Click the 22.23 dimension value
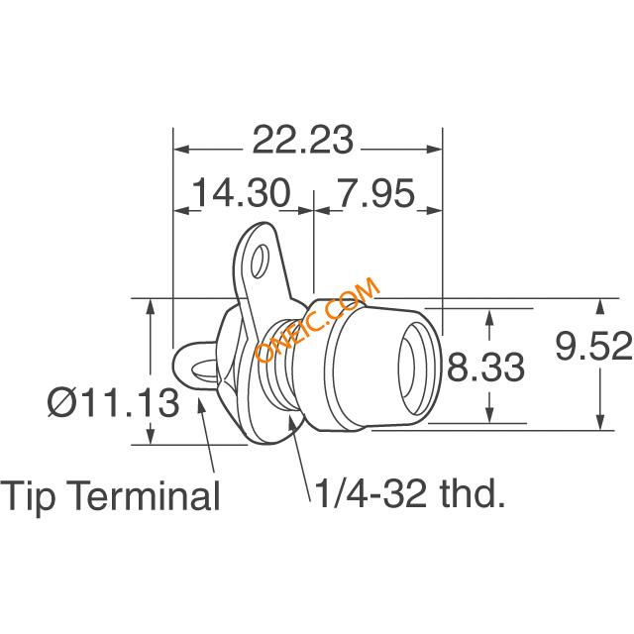pyautogui.click(x=302, y=140)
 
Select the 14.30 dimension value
pyautogui.click(x=242, y=192)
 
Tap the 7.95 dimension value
pyautogui.click(x=376, y=192)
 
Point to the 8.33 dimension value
pyautogui.click(x=485, y=367)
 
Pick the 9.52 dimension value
pyautogui.click(x=593, y=346)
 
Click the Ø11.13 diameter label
pyautogui.click(x=113, y=402)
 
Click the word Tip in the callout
pyautogui.click(x=28, y=495)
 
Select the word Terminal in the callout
pyautogui.click(x=146, y=495)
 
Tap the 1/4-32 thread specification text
pyautogui.click(x=370, y=493)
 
